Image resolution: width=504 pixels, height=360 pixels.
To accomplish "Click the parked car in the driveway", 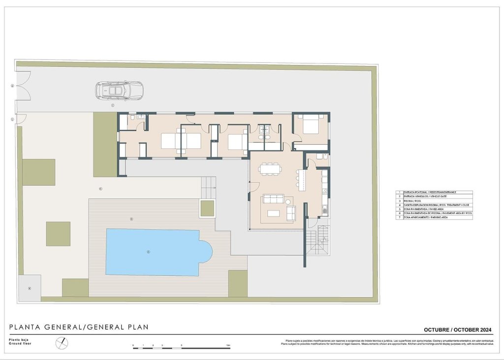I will pos(119,90).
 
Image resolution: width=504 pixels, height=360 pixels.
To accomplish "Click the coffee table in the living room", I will pos(273,213).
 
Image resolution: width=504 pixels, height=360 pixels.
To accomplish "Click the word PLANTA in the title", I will pos(26,327).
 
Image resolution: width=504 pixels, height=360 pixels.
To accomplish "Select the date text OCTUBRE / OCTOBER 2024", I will pos(458,330).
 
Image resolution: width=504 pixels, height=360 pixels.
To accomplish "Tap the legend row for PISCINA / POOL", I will pos(434,201).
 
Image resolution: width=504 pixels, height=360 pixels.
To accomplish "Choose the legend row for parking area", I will pos(434,217).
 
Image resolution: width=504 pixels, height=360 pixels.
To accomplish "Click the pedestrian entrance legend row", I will pos(434,192).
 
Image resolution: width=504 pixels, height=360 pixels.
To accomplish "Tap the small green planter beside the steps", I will pos(207,208).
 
